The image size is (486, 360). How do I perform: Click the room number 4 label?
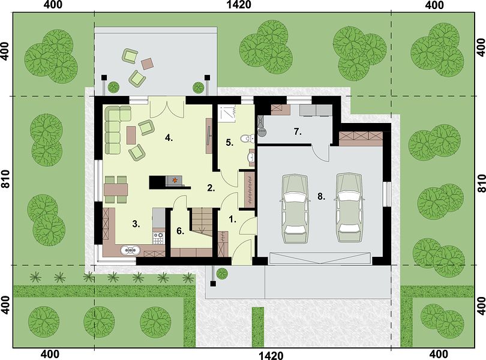169,137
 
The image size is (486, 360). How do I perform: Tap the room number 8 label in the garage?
321,196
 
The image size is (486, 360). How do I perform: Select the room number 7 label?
298,132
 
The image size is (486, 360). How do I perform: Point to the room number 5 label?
229,143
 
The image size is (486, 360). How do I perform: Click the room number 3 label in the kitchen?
136,224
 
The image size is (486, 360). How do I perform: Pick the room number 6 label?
181,231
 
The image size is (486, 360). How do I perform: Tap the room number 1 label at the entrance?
232,219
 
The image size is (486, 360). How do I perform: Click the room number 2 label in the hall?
211,188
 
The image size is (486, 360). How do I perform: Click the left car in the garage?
295,208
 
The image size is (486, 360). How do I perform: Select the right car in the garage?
349,207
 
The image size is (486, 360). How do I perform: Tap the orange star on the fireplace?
175,179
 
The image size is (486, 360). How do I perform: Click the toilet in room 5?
247,139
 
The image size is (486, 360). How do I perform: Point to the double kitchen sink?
130,250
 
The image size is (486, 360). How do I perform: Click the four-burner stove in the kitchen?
158,238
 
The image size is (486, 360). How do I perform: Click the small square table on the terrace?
148,64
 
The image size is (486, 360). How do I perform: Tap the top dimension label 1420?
239,5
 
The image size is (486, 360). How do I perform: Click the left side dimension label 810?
5,179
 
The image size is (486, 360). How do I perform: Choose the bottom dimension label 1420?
271,355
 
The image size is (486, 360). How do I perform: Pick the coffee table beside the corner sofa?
131,135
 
